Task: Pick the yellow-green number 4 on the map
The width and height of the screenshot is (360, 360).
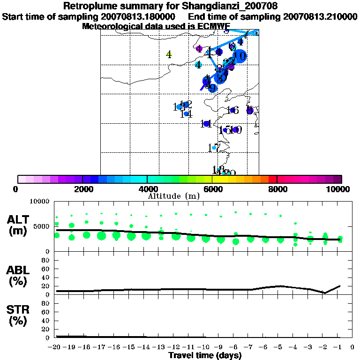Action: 169,54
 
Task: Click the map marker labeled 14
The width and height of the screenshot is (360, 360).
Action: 186,114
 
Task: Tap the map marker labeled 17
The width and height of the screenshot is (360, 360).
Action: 214,148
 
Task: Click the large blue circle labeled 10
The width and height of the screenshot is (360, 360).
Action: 239,56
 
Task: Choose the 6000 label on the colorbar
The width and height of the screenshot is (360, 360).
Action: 212,189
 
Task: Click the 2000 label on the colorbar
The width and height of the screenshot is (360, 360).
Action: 82,189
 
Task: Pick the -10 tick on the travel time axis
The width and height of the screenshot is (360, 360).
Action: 204,347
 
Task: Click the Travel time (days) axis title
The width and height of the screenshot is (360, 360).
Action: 205,355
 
